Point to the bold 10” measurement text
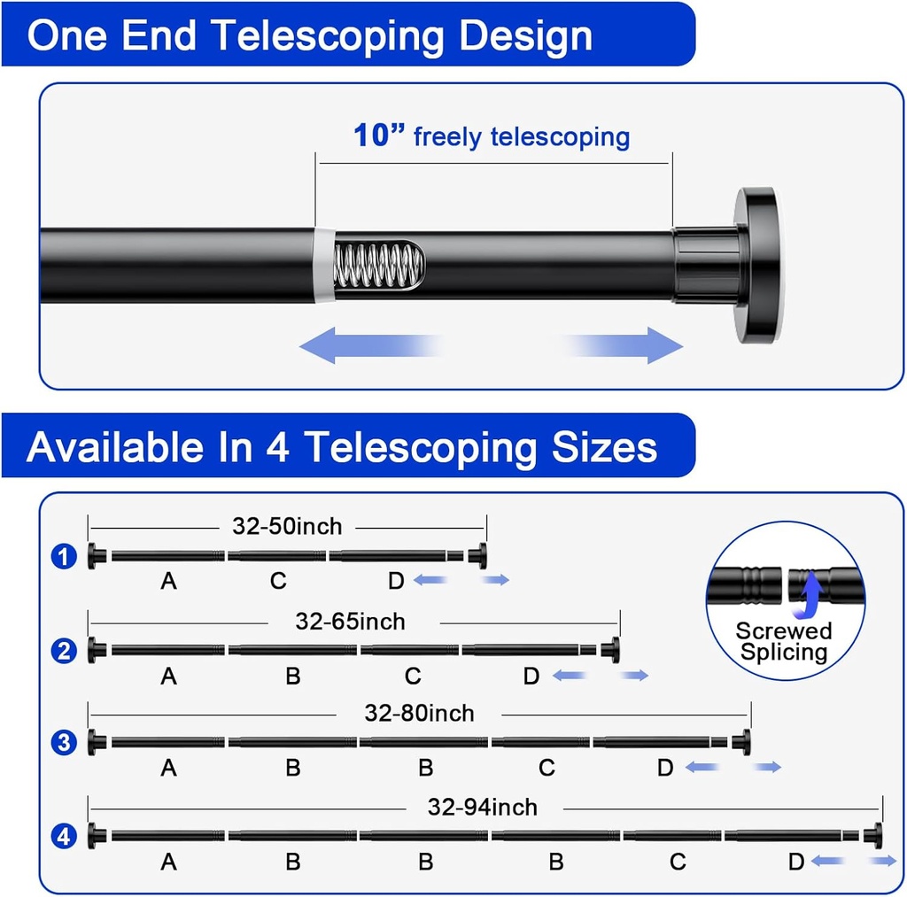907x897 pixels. (x=379, y=135)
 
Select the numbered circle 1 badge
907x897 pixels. (x=64, y=557)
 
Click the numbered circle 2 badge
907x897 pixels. (x=64, y=652)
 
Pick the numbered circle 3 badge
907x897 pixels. (x=64, y=742)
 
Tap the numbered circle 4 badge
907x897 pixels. (x=64, y=836)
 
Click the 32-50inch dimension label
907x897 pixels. (x=287, y=526)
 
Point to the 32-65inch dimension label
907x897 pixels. (x=350, y=622)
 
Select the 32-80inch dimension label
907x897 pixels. (x=419, y=713)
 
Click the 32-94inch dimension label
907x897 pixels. (x=482, y=807)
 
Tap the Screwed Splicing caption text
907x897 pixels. (x=784, y=642)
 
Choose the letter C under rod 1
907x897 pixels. (x=278, y=581)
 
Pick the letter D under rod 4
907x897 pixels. (x=796, y=862)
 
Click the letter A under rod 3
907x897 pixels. (x=168, y=768)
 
